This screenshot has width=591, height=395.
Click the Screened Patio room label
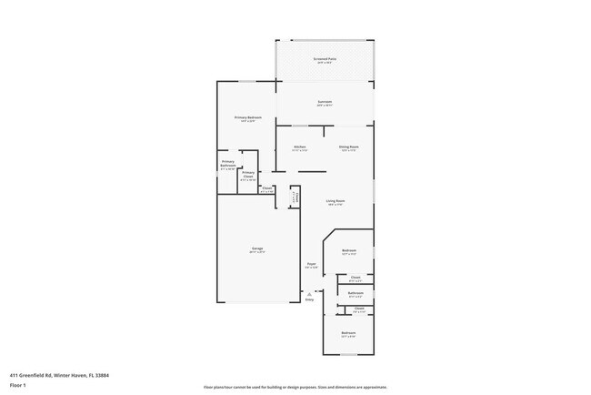pos(325,59)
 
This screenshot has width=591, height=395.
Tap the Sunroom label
pos(325,101)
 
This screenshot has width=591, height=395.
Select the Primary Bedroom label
pos(248,117)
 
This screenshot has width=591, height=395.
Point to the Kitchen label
pos(299,147)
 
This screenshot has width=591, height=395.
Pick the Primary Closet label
pos(248,172)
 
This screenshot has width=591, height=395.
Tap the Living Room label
pos(335,200)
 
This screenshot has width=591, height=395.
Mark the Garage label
pos(257,248)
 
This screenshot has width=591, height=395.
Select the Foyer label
pos(311,264)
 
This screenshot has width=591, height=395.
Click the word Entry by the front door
pos(309,299)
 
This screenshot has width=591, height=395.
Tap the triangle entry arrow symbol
pos(311,293)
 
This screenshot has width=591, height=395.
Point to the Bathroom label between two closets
pos(356,293)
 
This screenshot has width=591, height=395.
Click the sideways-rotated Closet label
pos(295,197)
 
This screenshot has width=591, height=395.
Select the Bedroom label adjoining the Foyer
pos(349,250)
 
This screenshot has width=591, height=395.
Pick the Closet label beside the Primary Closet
pos(267,188)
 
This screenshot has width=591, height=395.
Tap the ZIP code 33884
pos(114,374)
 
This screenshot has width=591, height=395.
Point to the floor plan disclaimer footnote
pos(295,386)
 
